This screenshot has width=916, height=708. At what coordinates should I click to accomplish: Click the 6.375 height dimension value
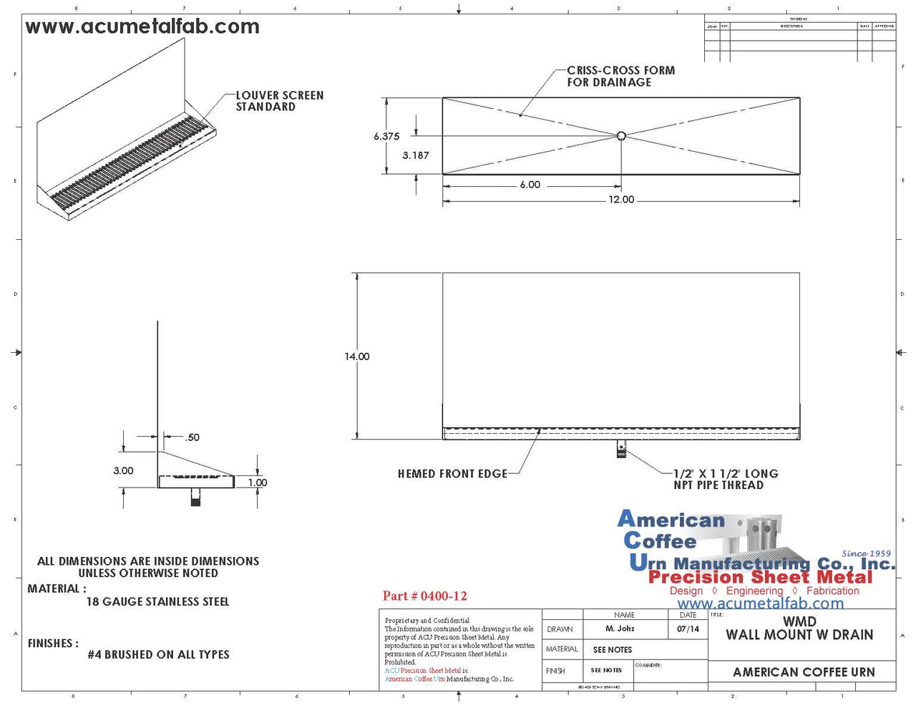click(386, 137)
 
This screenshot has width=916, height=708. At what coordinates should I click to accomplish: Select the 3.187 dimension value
click(416, 155)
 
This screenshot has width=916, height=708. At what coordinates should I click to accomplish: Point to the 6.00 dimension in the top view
click(530, 185)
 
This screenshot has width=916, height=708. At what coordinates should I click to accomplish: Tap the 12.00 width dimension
click(621, 200)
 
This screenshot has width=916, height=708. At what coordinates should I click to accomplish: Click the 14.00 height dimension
click(357, 357)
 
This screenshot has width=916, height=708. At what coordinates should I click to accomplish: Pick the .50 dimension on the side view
click(192, 437)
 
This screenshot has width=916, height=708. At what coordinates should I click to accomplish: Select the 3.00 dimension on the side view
click(123, 470)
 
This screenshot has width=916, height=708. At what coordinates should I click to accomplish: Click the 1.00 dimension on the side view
click(258, 482)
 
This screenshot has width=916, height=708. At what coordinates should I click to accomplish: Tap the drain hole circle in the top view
click(621, 135)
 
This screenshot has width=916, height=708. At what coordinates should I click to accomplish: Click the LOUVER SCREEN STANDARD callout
click(279, 101)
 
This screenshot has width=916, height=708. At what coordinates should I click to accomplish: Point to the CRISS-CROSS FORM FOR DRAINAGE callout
click(620, 77)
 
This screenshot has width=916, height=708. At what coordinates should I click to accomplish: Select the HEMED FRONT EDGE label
click(452, 474)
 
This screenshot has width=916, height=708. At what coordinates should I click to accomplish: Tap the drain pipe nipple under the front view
click(621, 450)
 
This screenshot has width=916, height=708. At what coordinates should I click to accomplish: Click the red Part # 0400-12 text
click(424, 596)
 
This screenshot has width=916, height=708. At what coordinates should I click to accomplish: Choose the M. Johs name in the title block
click(620, 629)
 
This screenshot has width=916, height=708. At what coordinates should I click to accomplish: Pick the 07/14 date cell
click(688, 629)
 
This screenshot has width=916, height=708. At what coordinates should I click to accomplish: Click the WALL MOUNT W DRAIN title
click(799, 634)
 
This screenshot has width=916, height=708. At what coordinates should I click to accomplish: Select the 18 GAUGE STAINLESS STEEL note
click(157, 602)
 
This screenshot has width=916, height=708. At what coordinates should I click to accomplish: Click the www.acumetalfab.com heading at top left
click(142, 27)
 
